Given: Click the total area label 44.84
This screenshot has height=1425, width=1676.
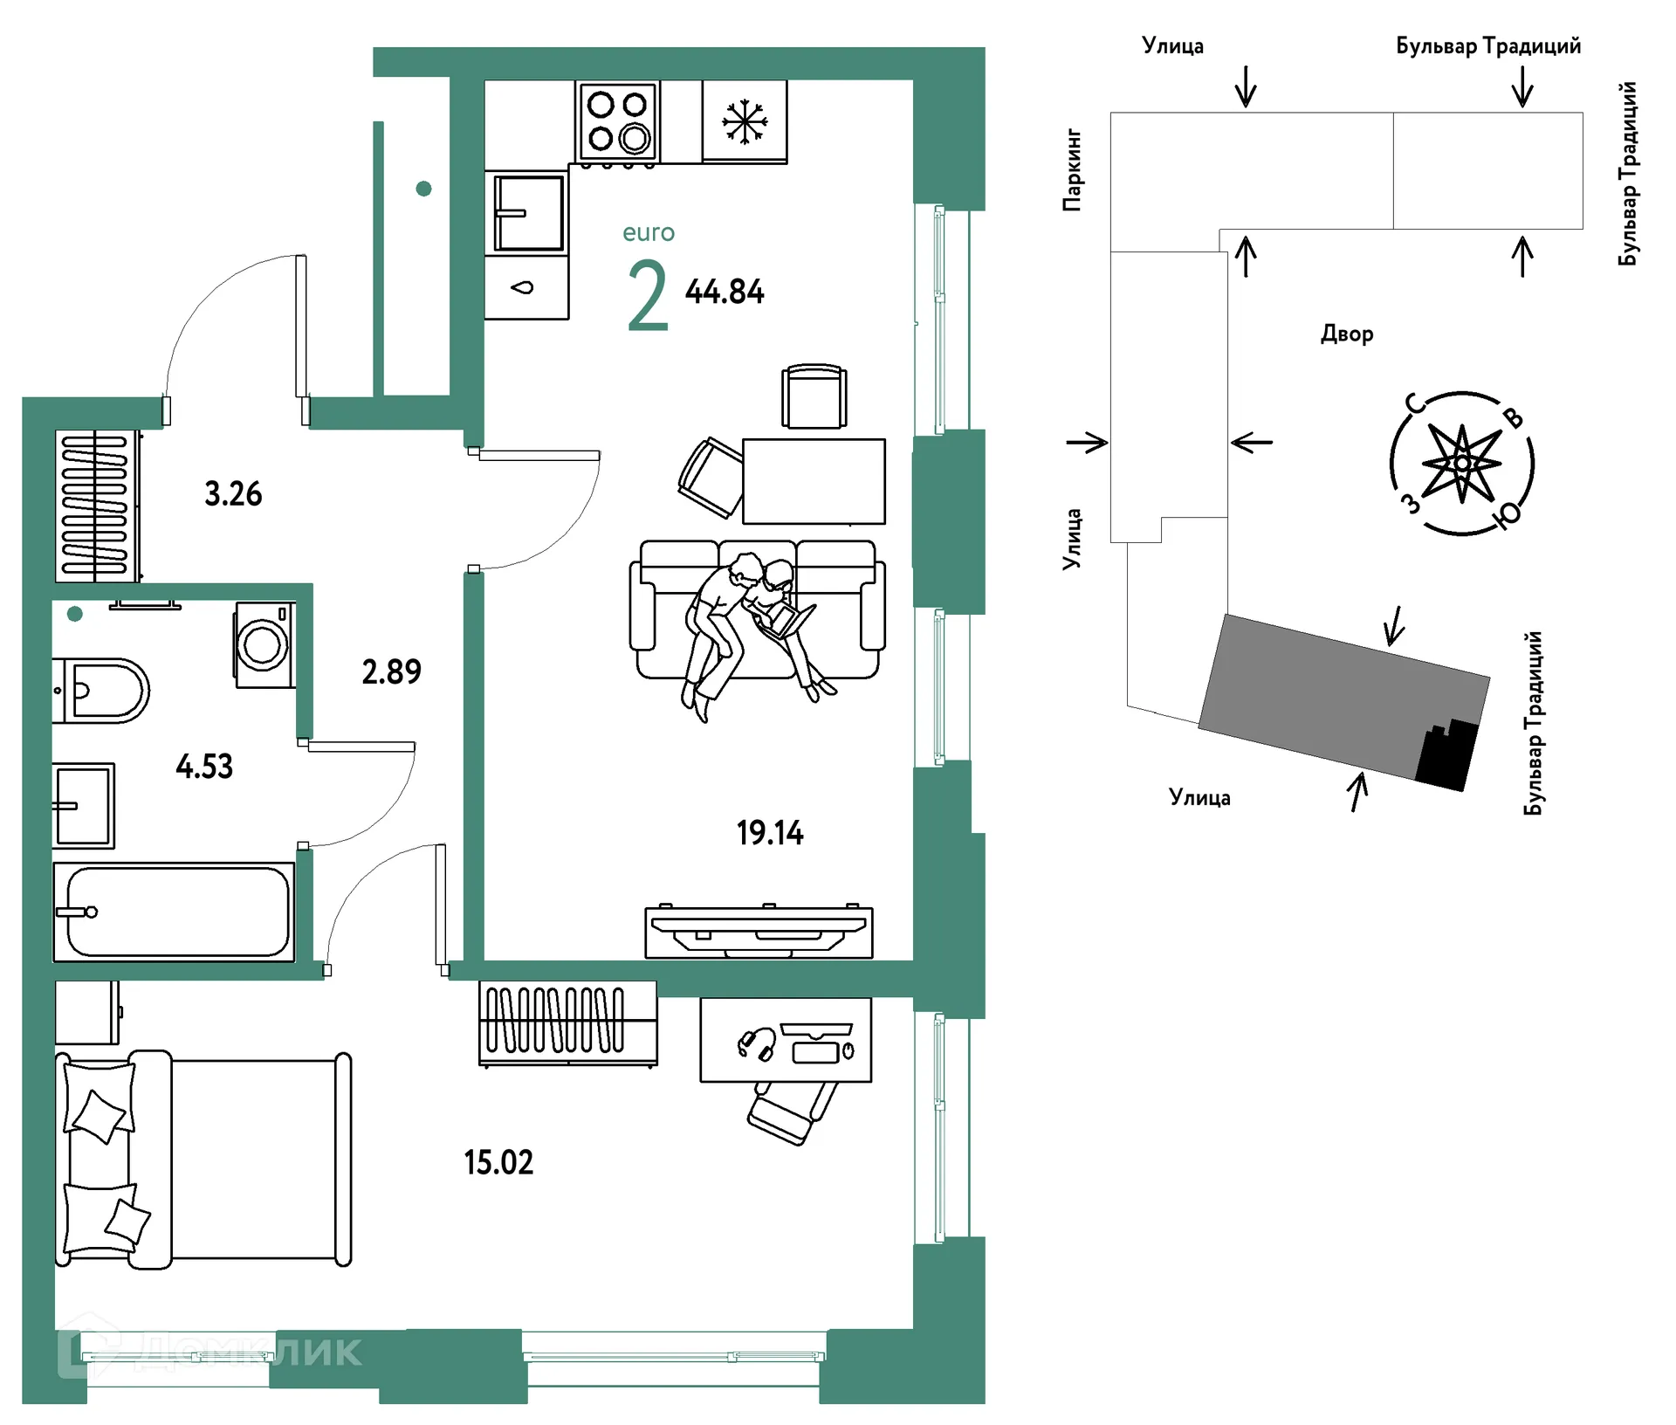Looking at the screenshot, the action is tap(725, 292).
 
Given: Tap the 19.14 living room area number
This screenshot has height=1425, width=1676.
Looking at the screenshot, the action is tap(770, 833).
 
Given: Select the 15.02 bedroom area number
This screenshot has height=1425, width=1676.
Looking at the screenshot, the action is tap(498, 1162).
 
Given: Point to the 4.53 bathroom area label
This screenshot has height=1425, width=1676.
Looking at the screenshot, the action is tap(204, 767).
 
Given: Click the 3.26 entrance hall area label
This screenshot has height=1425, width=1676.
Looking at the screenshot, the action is tap(233, 494).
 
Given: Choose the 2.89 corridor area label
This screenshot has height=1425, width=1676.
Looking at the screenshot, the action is tap(392, 671).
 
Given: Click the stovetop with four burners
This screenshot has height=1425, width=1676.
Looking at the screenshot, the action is tap(617, 121).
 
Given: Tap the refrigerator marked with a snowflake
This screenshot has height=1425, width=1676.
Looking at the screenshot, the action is tap(745, 121).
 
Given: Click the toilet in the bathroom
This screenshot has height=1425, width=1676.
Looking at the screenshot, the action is tap(100, 691).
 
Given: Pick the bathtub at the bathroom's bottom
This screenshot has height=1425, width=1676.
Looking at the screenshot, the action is tap(174, 912).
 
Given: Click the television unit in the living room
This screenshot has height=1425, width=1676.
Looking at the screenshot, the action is tap(759, 931).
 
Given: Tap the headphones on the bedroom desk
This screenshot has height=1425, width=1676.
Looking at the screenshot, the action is tap(757, 1044).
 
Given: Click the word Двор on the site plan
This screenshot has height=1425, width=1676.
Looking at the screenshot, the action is tap(1347, 334).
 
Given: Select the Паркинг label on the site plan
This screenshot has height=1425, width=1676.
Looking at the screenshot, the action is tap(1073, 170).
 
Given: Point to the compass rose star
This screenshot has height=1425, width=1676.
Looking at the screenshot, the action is tap(1462, 463).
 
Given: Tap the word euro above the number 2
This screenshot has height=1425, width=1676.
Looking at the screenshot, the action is tap(649, 232).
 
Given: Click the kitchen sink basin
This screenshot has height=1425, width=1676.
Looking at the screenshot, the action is tap(528, 213).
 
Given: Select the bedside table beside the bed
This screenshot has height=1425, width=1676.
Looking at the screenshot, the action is tap(87, 1013).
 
